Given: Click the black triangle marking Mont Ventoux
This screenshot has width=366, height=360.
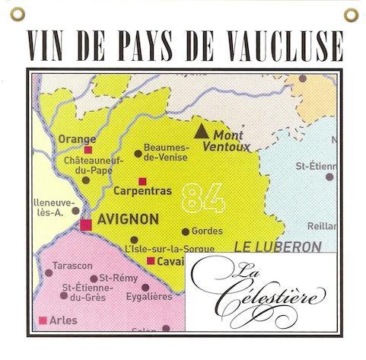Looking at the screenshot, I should coord(201,132).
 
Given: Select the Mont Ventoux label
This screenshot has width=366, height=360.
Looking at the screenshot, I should coord(228,137).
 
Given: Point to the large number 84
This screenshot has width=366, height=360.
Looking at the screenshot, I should coord(203,198).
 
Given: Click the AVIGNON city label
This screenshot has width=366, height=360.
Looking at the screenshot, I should coord(128,219).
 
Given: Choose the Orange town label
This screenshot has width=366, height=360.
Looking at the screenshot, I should coord(77,139).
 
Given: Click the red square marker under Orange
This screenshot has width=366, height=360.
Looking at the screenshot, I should coord(88,150).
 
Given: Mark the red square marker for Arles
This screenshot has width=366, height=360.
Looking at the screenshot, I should coord(43,320).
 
